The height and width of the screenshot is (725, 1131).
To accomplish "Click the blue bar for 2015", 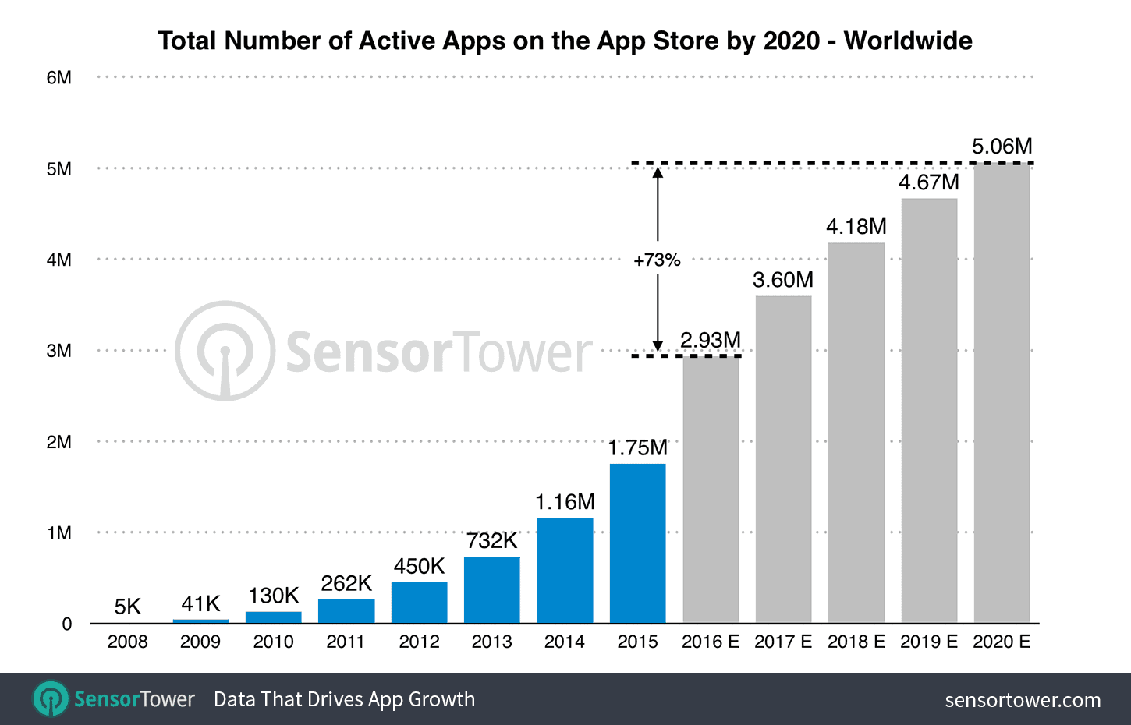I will [x=637, y=543].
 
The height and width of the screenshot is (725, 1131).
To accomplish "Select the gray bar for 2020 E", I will [x=1002, y=393].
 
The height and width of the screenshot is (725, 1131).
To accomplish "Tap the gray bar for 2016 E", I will [x=711, y=490].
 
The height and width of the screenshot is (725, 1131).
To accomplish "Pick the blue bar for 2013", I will [x=491, y=589].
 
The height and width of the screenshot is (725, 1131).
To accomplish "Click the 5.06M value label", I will [x=1002, y=147].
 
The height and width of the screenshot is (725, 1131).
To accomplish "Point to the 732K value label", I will [x=491, y=541].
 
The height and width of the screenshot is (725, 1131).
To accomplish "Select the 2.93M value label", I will [x=710, y=341].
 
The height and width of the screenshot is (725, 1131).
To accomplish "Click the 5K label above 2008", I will [x=127, y=607].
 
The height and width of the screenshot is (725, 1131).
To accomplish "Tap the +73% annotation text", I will [x=657, y=260].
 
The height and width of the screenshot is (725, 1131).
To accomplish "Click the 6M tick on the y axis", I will [x=58, y=78].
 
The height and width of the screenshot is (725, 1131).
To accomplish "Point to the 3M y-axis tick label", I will [x=58, y=351].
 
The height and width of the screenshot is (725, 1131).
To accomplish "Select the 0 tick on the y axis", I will [x=67, y=624].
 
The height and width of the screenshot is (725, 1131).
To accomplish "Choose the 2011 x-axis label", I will [x=346, y=642].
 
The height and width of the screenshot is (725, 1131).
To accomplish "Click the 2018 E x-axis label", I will [x=856, y=642].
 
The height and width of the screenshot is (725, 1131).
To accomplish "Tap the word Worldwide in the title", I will [x=908, y=41].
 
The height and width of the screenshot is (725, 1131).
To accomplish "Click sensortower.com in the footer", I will [x=1022, y=700].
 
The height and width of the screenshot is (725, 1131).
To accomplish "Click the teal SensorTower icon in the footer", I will [x=51, y=698].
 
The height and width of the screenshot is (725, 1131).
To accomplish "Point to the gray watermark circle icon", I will [x=225, y=352].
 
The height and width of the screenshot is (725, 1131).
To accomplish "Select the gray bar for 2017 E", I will [x=783, y=459].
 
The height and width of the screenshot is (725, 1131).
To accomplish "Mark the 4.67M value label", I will [x=928, y=182].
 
